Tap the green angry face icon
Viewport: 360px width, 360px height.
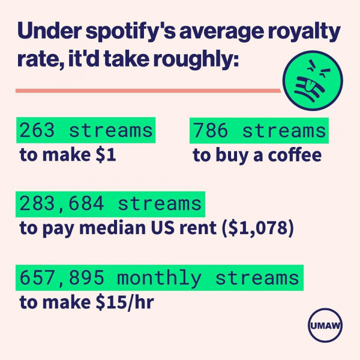point(313,83)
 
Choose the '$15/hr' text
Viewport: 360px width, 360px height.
point(125,303)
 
